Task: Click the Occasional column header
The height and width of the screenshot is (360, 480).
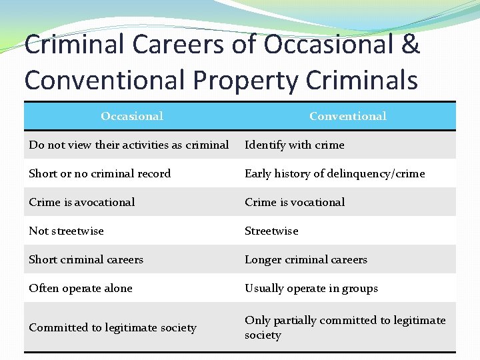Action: (x=132, y=116)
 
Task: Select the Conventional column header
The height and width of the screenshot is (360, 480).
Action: (x=347, y=116)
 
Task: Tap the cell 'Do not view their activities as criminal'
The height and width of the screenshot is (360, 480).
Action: (x=129, y=145)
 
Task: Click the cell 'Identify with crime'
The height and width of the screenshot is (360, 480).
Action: (x=295, y=145)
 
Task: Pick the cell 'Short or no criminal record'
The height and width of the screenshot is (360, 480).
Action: (x=100, y=173)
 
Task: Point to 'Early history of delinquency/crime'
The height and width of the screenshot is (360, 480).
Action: (x=335, y=173)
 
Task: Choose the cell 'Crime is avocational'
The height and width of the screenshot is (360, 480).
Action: (x=82, y=202)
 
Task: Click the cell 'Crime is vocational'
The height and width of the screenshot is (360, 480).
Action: (x=295, y=202)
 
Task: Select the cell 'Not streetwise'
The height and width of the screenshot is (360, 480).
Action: (x=67, y=231)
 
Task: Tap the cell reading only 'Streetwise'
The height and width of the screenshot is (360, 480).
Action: (x=271, y=231)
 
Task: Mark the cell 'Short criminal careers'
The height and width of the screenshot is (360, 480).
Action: (x=86, y=259)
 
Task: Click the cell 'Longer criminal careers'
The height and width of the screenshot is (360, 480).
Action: (x=306, y=259)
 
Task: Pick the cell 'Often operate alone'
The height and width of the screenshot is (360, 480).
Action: (x=81, y=288)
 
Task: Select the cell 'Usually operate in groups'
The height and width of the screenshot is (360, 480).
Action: (x=311, y=288)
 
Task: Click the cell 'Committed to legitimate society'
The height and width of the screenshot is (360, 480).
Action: (x=113, y=327)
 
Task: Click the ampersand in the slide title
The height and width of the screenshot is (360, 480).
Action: (x=411, y=45)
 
